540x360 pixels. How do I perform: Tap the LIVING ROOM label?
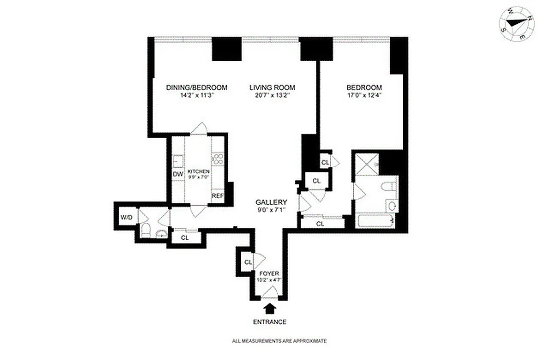click(x=272, y=87)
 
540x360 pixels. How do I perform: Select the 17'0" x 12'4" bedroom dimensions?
click(x=364, y=95)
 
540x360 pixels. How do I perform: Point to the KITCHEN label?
click(x=198, y=171)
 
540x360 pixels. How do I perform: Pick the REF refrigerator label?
click(x=218, y=196)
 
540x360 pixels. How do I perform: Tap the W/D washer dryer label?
click(x=126, y=218)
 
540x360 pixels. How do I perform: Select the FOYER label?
click(x=269, y=273)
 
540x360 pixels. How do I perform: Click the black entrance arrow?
click(x=270, y=308)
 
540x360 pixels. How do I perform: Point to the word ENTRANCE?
click(x=270, y=322)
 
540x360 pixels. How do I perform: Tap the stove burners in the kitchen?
click(x=218, y=159)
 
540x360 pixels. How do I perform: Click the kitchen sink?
click(x=178, y=161)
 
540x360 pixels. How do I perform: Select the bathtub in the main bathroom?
click(x=375, y=221)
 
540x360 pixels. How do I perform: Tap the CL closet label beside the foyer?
click(x=247, y=262)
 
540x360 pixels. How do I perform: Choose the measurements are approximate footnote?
click(x=279, y=341)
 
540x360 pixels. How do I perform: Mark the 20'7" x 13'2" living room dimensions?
click(x=272, y=95)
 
